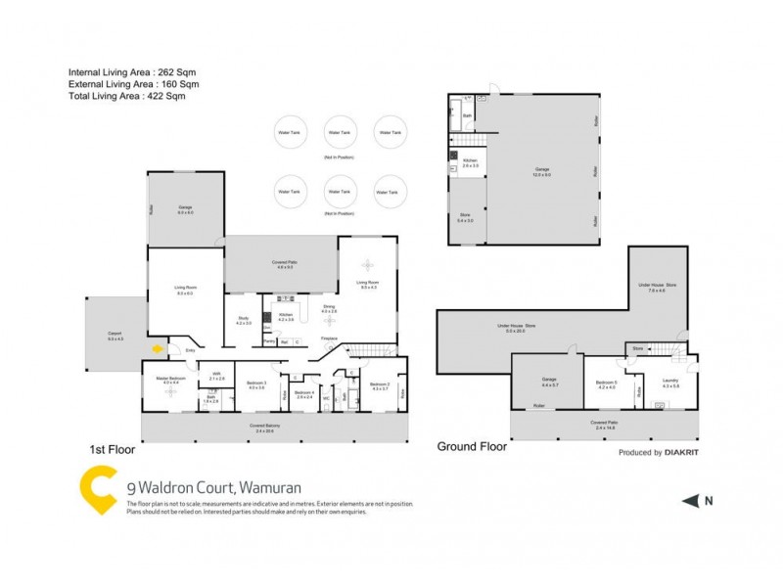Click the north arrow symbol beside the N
(690, 501)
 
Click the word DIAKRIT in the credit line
(682, 453)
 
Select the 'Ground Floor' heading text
(472, 446)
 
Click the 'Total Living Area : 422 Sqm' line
(126, 97)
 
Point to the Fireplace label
(330, 339)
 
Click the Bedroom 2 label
(380, 385)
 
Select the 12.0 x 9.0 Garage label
(542, 172)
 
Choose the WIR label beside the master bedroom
(217, 376)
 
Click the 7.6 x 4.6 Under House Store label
(656, 287)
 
